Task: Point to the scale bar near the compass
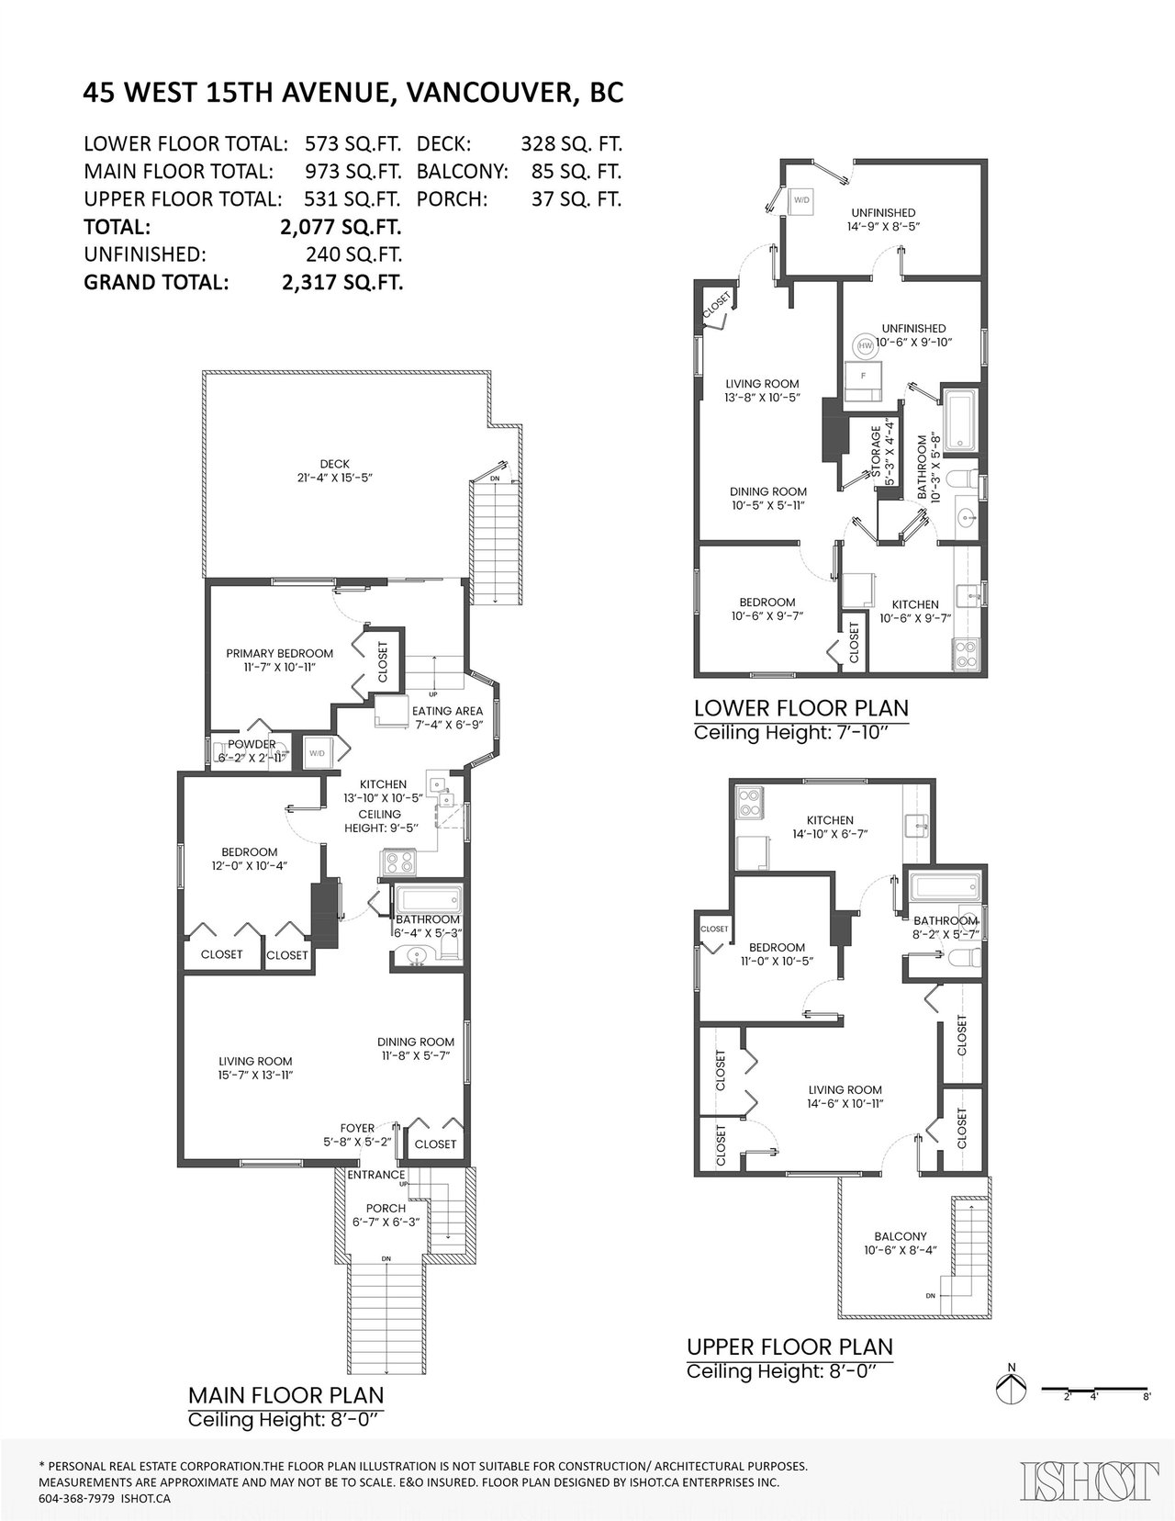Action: (x=1095, y=1389)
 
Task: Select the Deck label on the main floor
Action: (x=335, y=470)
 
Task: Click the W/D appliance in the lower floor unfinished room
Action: (x=800, y=201)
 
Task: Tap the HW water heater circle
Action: (x=865, y=345)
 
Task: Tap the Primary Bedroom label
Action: (x=280, y=660)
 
